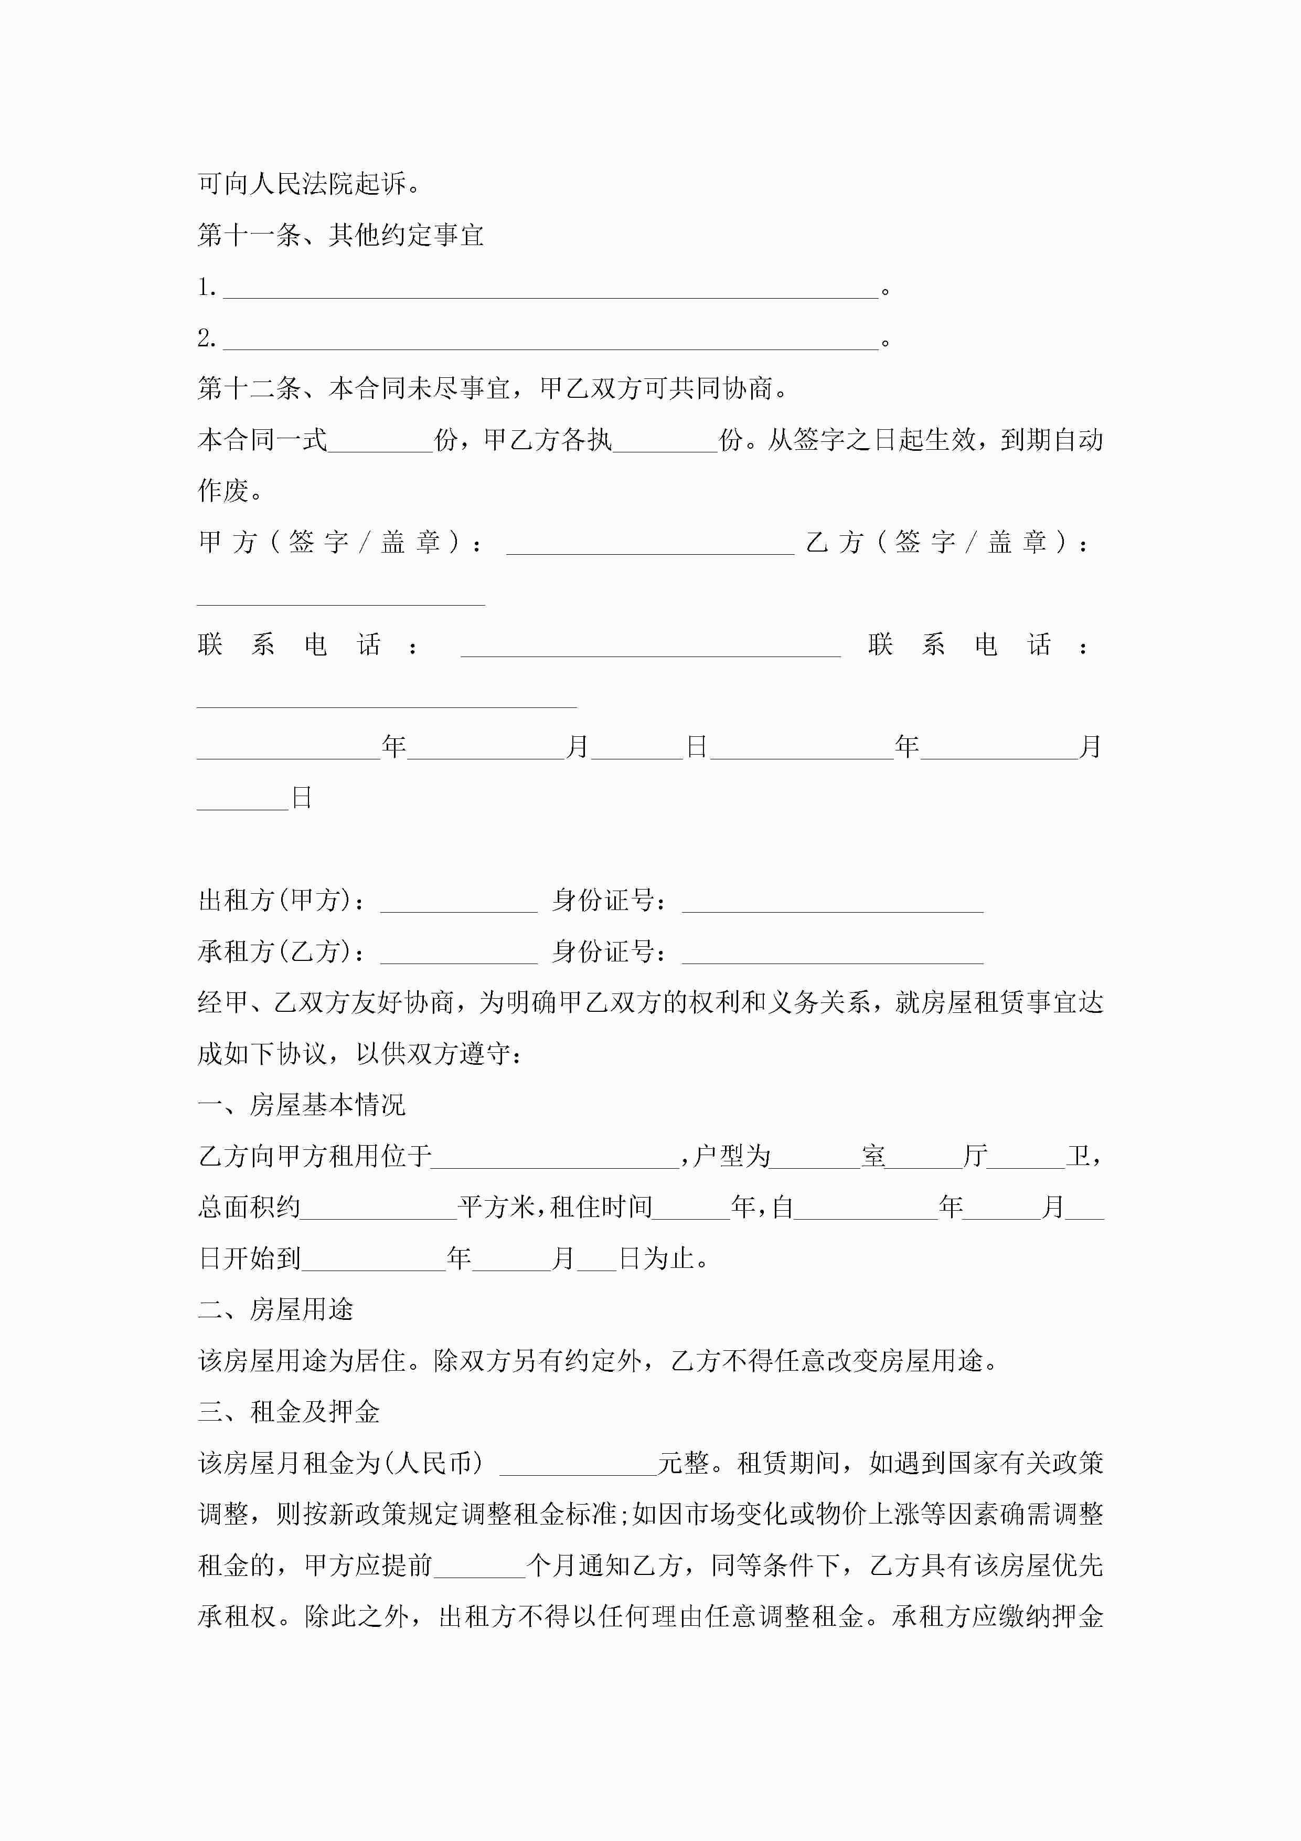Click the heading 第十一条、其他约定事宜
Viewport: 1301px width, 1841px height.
[340, 235]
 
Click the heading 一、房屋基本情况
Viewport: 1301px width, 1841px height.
[302, 1105]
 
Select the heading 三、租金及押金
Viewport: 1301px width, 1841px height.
[289, 1412]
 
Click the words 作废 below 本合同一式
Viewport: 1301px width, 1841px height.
[223, 491]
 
